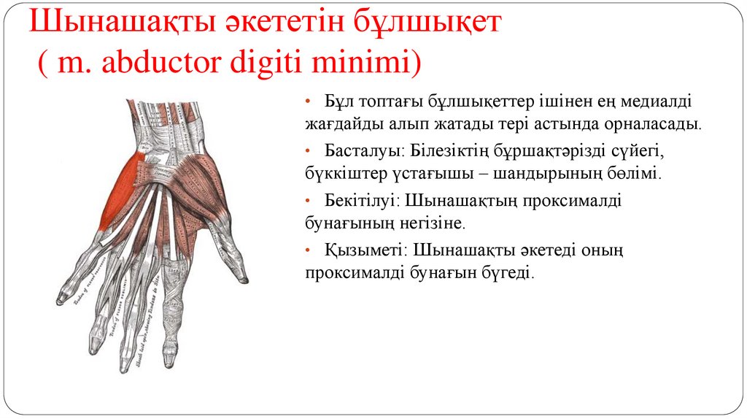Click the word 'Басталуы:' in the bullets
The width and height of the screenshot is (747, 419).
tap(357, 150)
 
